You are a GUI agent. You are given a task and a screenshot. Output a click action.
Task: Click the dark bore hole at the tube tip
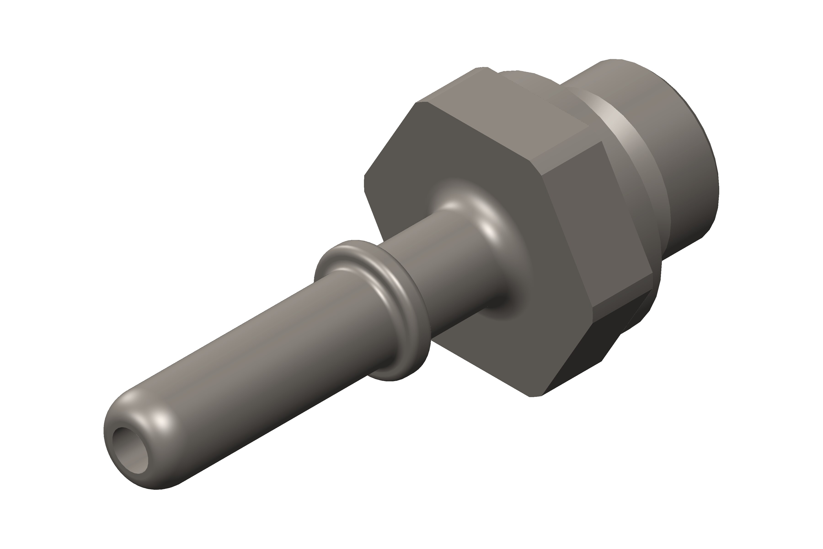(x=130, y=450)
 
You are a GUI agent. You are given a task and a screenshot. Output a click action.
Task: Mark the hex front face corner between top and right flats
(x=535, y=168)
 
